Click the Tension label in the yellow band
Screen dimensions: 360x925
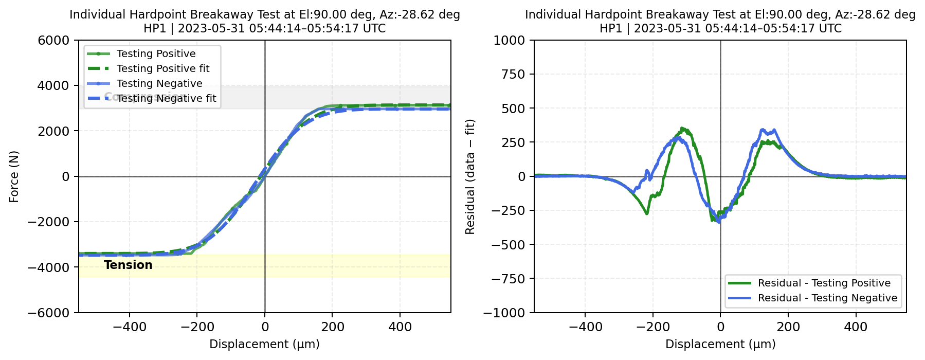tap(128, 265)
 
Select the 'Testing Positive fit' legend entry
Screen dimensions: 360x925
tap(163, 68)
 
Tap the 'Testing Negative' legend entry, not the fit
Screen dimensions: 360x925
tap(159, 83)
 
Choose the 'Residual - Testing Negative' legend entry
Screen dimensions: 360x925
tap(827, 298)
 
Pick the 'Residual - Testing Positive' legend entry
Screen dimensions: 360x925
tap(824, 283)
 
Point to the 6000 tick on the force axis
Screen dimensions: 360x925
tap(53, 40)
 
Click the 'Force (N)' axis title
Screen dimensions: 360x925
tap(14, 176)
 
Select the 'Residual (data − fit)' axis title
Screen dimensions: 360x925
tap(470, 176)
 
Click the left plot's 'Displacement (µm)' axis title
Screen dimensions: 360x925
tap(264, 344)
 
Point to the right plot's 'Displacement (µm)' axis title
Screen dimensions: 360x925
tap(720, 344)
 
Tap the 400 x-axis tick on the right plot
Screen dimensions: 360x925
tap(856, 327)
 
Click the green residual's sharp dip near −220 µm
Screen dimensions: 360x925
tap(646, 213)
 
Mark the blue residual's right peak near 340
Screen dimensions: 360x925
tap(763, 130)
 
